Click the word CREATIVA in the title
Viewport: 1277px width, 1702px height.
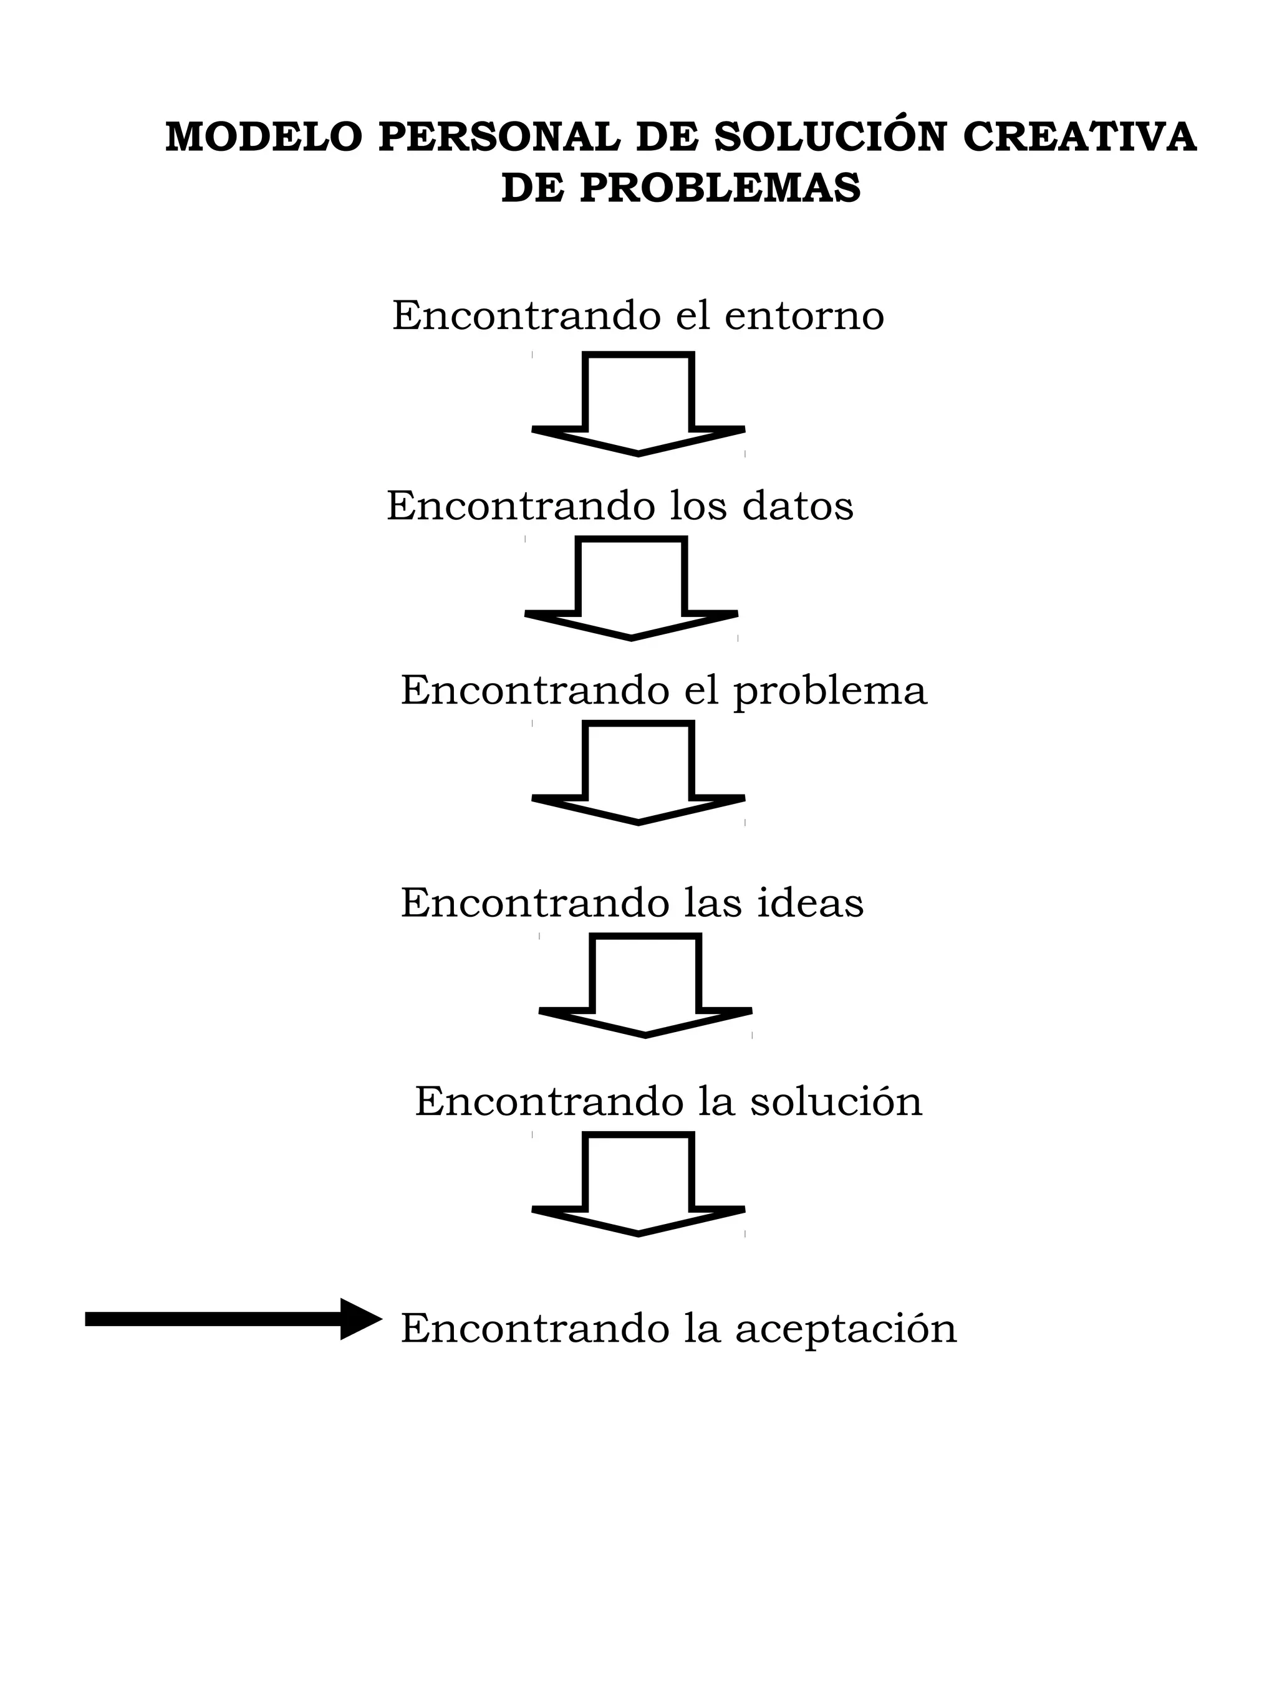tap(1079, 137)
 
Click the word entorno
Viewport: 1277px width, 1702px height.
tap(804, 315)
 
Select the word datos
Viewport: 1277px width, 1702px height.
tap(798, 506)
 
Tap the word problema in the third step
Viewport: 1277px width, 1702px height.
tap(830, 690)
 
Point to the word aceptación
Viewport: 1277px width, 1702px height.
tap(845, 1329)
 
